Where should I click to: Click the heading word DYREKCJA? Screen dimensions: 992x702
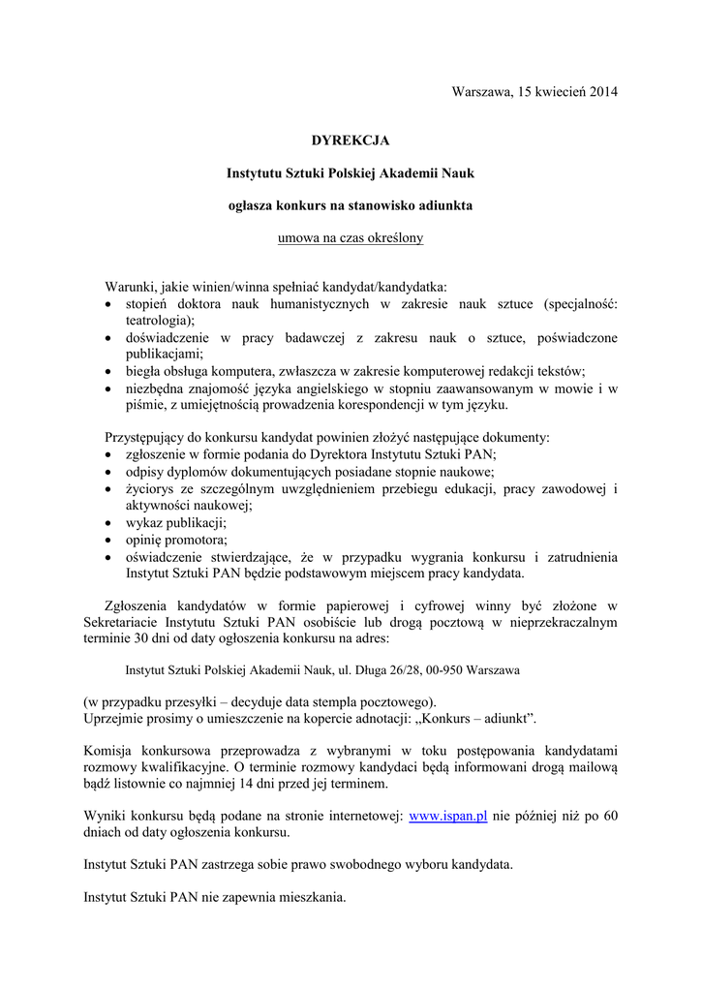tap(351, 140)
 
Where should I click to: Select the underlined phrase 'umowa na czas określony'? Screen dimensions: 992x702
tap(351, 237)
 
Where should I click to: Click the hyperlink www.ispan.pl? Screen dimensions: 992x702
tap(447, 817)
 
